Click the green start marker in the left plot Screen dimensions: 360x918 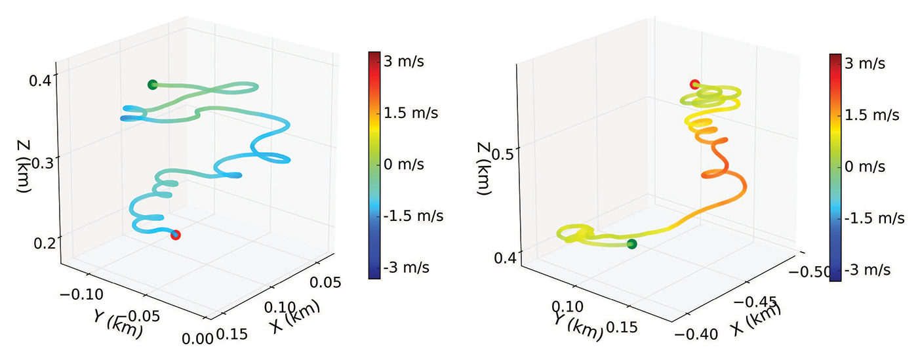tap(153, 85)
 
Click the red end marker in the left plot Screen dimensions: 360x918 tap(175, 235)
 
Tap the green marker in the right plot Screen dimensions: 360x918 tap(631, 244)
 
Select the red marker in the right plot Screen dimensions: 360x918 tap(695, 84)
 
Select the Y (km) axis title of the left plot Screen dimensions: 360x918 tap(117, 322)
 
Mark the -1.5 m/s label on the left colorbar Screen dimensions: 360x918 tap(413, 216)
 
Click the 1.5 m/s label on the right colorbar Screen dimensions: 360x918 tap(871, 115)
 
